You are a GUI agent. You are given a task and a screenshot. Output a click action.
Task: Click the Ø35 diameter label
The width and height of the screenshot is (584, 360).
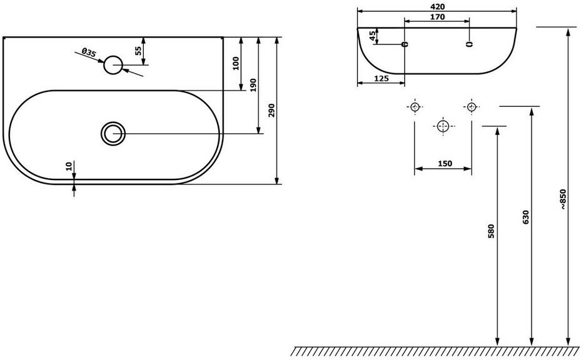(x=89, y=52)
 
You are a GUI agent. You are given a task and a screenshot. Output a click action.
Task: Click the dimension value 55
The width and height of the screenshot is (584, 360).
(x=138, y=51)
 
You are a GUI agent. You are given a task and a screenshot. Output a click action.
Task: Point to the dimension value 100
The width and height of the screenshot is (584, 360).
(x=236, y=63)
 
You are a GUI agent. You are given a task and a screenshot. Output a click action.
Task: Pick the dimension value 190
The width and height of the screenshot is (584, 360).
(x=254, y=85)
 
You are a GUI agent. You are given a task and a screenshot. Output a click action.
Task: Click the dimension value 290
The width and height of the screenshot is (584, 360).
(x=271, y=110)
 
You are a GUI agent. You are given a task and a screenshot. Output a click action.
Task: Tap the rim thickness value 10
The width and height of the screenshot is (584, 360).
(x=69, y=166)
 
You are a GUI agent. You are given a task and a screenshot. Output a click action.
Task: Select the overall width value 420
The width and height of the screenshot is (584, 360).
(x=437, y=7)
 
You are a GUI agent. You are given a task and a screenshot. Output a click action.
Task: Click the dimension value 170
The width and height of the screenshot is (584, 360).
(x=437, y=17)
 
